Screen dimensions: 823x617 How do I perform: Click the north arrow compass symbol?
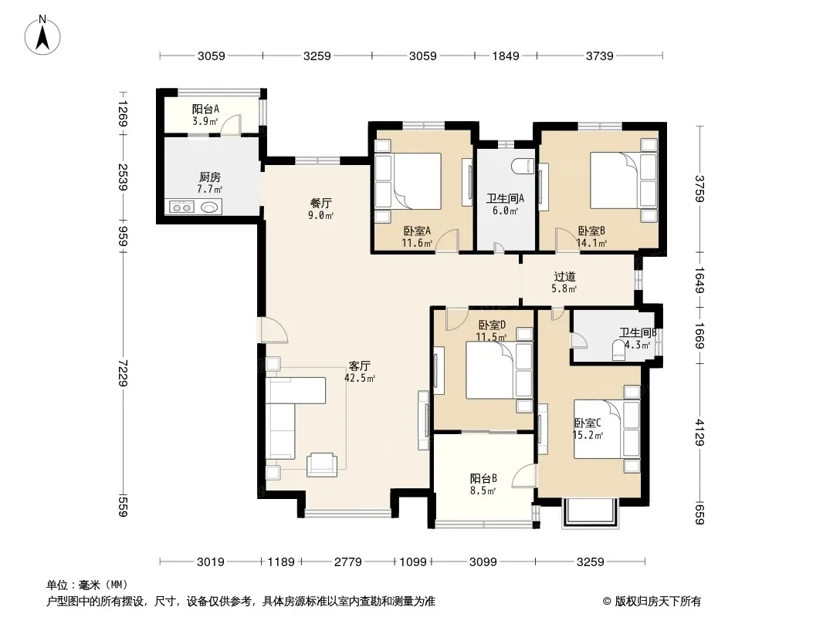(42, 35)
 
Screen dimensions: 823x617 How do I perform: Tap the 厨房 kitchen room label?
(210, 177)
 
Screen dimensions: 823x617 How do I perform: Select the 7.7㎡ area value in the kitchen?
(209, 189)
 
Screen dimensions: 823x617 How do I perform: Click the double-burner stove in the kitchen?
(182, 207)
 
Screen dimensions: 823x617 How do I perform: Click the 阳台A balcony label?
(205, 109)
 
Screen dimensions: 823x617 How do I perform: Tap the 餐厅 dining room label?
(321, 203)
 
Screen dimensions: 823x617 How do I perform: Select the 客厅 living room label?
(360, 366)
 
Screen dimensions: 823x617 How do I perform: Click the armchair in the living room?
(322, 464)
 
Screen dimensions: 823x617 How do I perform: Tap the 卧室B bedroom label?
(591, 231)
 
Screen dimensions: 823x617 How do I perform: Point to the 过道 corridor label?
(565, 276)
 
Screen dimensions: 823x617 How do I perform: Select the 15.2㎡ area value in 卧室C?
(588, 434)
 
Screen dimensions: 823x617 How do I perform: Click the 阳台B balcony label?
(483, 479)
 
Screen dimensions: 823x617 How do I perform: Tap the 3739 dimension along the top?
(599, 56)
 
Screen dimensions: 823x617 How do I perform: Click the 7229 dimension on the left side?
(122, 373)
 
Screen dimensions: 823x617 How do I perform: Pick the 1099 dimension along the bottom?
(413, 562)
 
